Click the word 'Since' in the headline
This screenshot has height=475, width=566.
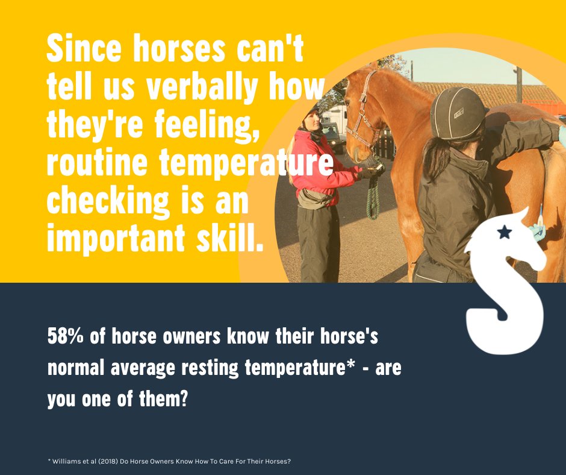click(81, 50)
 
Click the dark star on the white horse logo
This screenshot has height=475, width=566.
click(505, 232)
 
